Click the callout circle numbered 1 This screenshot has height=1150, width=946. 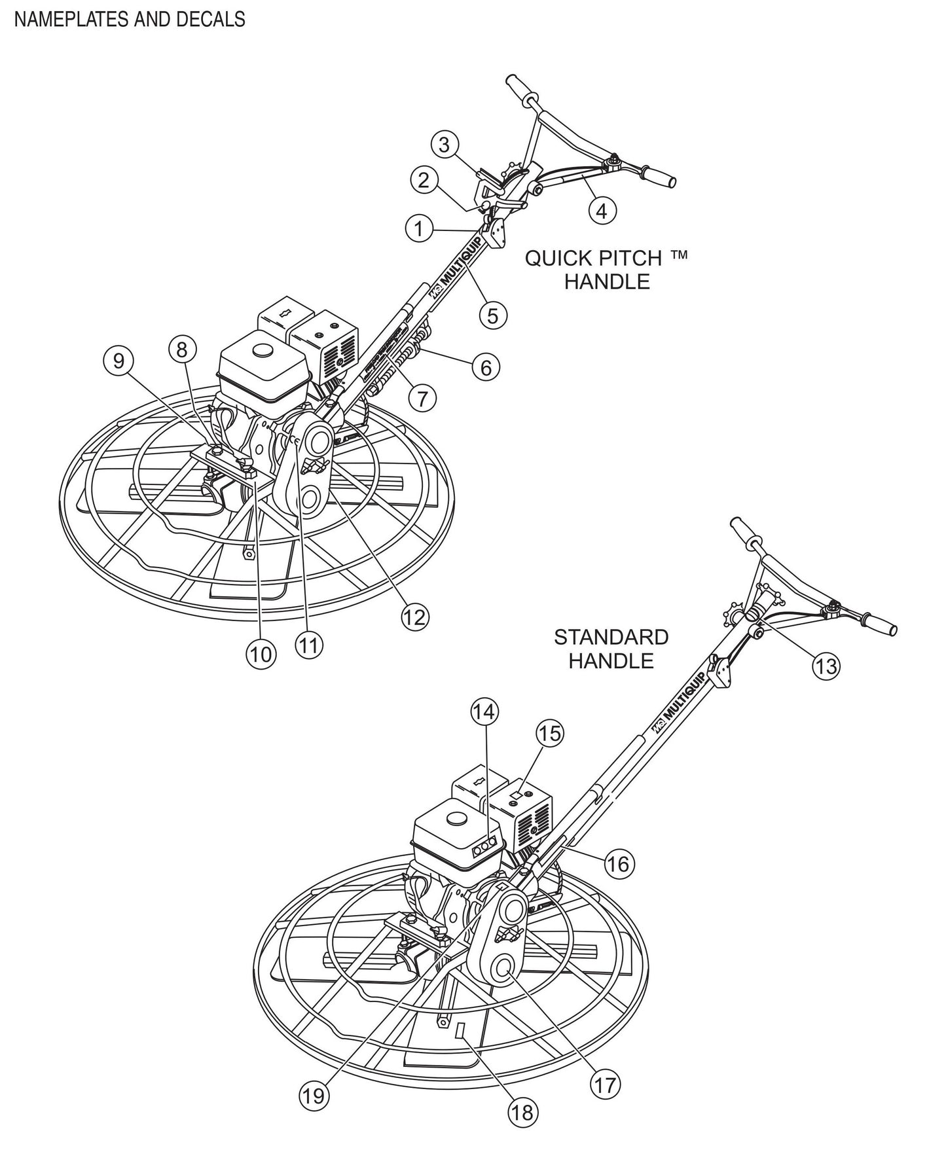click(419, 230)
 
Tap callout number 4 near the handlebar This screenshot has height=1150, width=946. click(602, 210)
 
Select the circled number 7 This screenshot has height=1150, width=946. click(422, 397)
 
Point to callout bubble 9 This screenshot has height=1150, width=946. click(118, 362)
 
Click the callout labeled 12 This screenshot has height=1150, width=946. click(414, 617)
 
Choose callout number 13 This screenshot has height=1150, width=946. click(826, 666)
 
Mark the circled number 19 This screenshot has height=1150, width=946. click(314, 1095)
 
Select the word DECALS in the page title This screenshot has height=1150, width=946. click(211, 19)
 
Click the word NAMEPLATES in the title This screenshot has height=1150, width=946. click(69, 19)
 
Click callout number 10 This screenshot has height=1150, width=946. click(261, 653)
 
